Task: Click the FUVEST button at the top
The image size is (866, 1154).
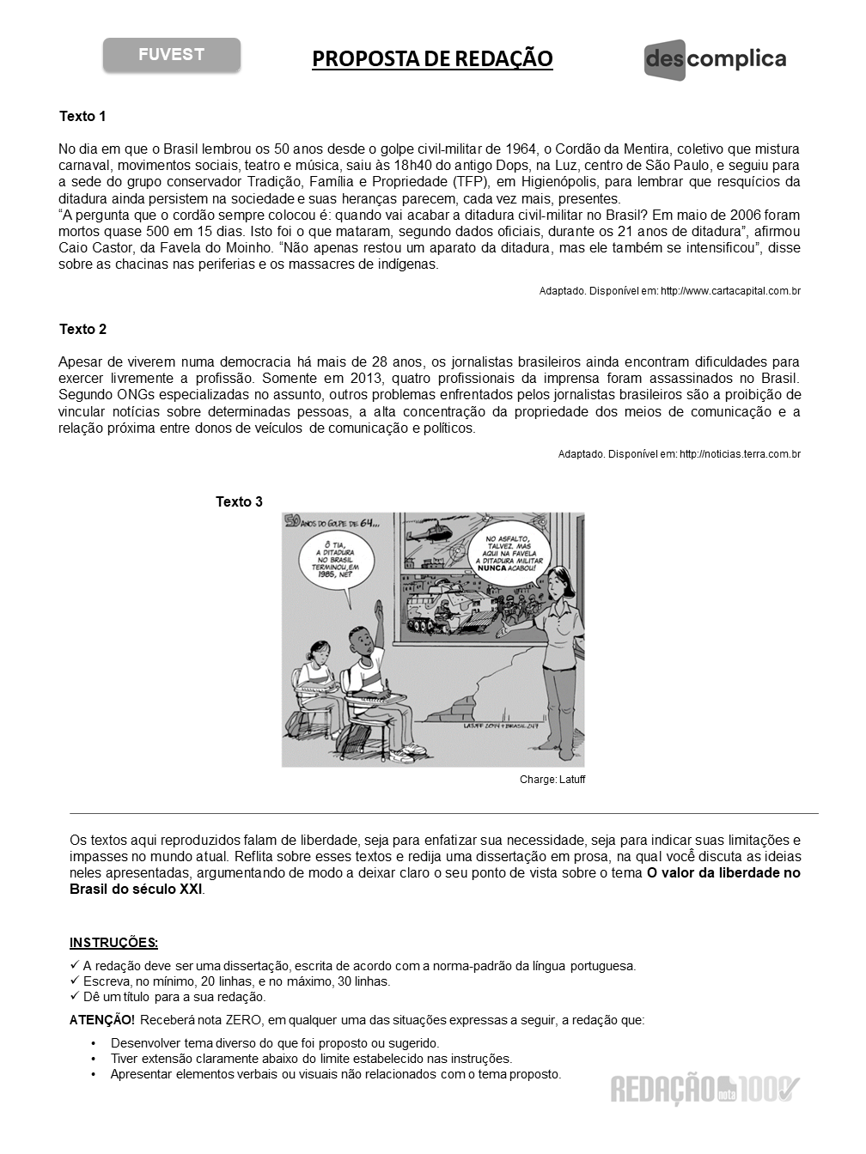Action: click(x=172, y=55)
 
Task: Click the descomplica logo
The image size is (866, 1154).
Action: click(x=715, y=60)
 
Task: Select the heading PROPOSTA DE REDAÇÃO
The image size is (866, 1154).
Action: click(x=432, y=58)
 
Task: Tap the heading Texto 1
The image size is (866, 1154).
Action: click(x=82, y=116)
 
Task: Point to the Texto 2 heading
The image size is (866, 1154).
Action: click(x=82, y=329)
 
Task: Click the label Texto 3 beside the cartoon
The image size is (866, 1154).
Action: click(x=239, y=501)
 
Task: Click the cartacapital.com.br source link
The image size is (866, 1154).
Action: click(x=730, y=291)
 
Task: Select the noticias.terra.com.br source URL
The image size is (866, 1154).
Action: click(x=740, y=453)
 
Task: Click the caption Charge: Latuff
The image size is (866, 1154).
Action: click(x=552, y=780)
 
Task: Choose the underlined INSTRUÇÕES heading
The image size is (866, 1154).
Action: click(x=113, y=942)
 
